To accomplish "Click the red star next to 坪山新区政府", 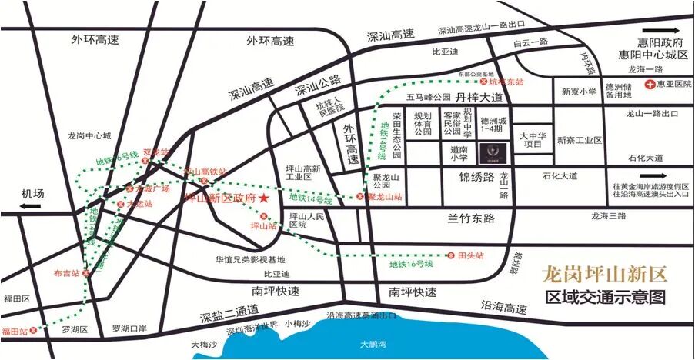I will pyautogui.click(x=264, y=198).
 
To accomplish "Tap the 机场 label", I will pyautogui.click(x=34, y=192).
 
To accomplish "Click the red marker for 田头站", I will pyautogui.click(x=452, y=255).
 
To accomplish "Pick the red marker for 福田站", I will pyautogui.click(x=33, y=331).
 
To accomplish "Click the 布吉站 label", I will pyautogui.click(x=68, y=272).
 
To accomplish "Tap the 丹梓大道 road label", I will pyautogui.click(x=479, y=98).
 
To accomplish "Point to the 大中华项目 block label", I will pyautogui.click(x=532, y=141).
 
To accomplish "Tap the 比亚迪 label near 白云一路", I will pyautogui.click(x=444, y=52).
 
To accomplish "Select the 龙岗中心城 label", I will pyautogui.click(x=90, y=136).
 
